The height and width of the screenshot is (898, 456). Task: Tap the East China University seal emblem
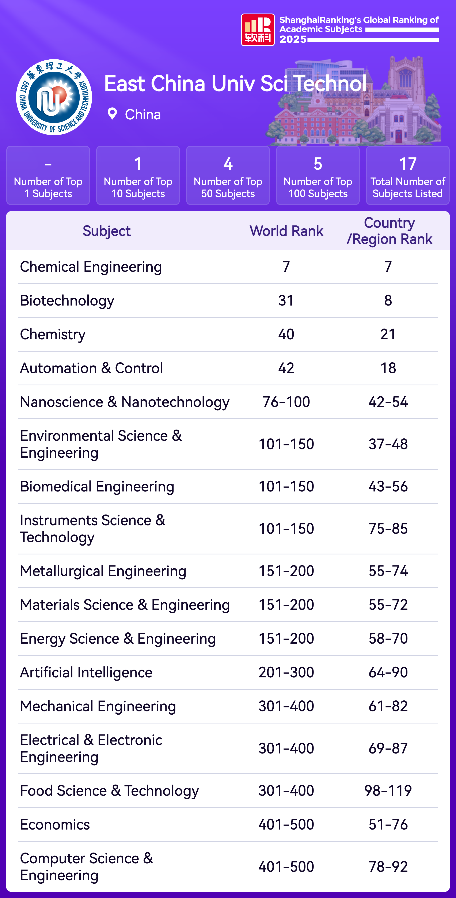click(54, 97)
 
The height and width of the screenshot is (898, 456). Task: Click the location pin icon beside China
click(112, 114)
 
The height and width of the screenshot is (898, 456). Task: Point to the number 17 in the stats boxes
click(408, 164)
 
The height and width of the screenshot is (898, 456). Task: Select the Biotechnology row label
click(67, 300)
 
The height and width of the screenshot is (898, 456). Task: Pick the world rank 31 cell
click(286, 300)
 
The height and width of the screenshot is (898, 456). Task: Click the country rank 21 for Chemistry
click(388, 334)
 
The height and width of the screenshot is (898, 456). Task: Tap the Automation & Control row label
click(91, 368)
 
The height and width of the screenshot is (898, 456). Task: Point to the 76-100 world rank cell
click(286, 402)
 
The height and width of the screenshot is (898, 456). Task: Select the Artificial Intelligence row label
click(86, 673)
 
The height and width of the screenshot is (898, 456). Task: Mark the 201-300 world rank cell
click(286, 673)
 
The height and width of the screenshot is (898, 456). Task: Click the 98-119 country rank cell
click(388, 791)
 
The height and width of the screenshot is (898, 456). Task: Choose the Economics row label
click(55, 824)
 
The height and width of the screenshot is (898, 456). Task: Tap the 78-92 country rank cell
click(388, 867)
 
